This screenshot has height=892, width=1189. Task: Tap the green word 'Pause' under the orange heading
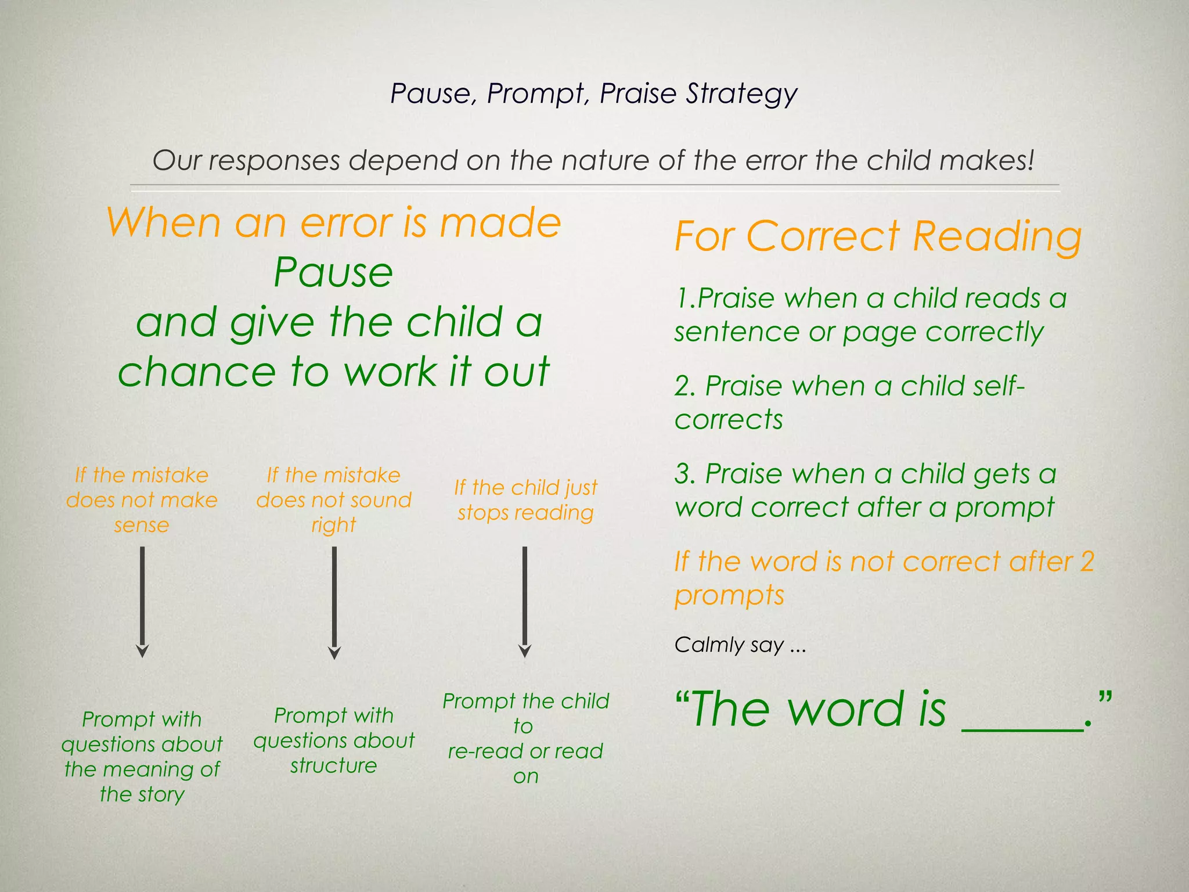coord(333,272)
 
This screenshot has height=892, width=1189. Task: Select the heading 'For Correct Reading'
coord(878,237)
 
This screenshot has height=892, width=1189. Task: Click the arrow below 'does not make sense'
coord(142,601)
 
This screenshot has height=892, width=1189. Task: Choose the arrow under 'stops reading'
coord(525,601)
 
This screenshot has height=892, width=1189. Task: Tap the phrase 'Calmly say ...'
coord(740,645)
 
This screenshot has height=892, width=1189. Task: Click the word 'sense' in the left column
coord(142,526)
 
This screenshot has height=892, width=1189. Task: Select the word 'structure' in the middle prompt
coord(333,766)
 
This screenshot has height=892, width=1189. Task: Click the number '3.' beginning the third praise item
coord(685,474)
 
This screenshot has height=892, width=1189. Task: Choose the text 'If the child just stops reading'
coord(525,500)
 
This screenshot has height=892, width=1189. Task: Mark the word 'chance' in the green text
coord(196,372)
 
